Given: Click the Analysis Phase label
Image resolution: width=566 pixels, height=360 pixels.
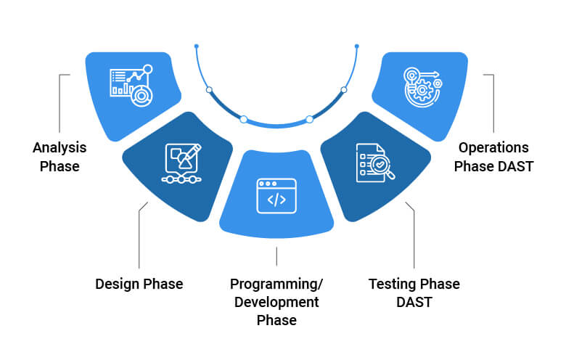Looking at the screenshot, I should (x=60, y=157).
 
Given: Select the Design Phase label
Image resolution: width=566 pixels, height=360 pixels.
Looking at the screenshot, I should (x=139, y=284).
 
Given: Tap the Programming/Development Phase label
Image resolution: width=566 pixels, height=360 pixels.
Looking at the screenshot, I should (x=276, y=301).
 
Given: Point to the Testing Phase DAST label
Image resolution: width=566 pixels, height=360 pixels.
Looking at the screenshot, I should (x=414, y=292).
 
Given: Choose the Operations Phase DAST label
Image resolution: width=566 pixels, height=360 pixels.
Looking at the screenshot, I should (x=494, y=157).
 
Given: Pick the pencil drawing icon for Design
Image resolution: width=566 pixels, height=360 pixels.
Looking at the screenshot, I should (x=181, y=165).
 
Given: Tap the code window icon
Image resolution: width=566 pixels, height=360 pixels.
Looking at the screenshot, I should (x=276, y=196).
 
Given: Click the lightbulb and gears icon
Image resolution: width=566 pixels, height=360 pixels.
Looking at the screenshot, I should (x=422, y=88).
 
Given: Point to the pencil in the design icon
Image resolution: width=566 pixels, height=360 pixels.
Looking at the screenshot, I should (x=193, y=153).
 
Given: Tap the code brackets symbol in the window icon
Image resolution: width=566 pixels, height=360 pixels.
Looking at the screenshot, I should (x=276, y=200).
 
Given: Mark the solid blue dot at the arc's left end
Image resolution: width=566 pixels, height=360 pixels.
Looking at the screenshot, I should (x=196, y=46).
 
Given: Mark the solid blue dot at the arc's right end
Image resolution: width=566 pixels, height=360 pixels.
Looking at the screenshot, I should (x=357, y=46).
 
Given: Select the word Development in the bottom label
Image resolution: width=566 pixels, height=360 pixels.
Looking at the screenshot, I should (x=276, y=301).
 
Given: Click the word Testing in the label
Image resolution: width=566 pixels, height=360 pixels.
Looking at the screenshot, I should (x=393, y=284).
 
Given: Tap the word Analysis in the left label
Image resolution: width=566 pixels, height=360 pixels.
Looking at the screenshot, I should (x=60, y=148).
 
